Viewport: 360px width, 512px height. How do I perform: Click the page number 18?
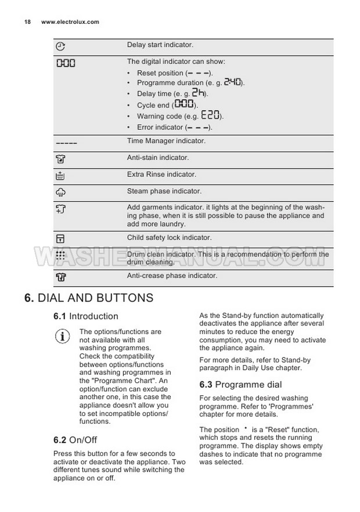(27, 22)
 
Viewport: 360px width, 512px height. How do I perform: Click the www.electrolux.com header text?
(70, 22)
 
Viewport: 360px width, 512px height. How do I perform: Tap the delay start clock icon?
(60, 46)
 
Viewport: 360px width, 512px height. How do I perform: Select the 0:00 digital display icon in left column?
(66, 63)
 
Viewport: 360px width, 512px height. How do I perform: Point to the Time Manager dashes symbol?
(67, 143)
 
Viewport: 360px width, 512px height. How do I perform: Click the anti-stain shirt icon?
(60, 159)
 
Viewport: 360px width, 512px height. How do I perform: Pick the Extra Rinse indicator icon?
(60, 175)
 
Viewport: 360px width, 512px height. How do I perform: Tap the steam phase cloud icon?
(60, 192)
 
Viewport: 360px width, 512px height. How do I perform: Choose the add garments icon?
(60, 209)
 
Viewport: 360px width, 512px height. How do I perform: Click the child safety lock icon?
(60, 238)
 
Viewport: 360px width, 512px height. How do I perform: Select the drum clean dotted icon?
(60, 255)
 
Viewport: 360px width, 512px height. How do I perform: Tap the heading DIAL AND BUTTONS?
(89, 298)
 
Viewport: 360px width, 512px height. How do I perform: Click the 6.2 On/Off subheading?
(75, 440)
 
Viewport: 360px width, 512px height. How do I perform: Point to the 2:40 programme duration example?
(232, 83)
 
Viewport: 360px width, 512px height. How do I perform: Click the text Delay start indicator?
(160, 45)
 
